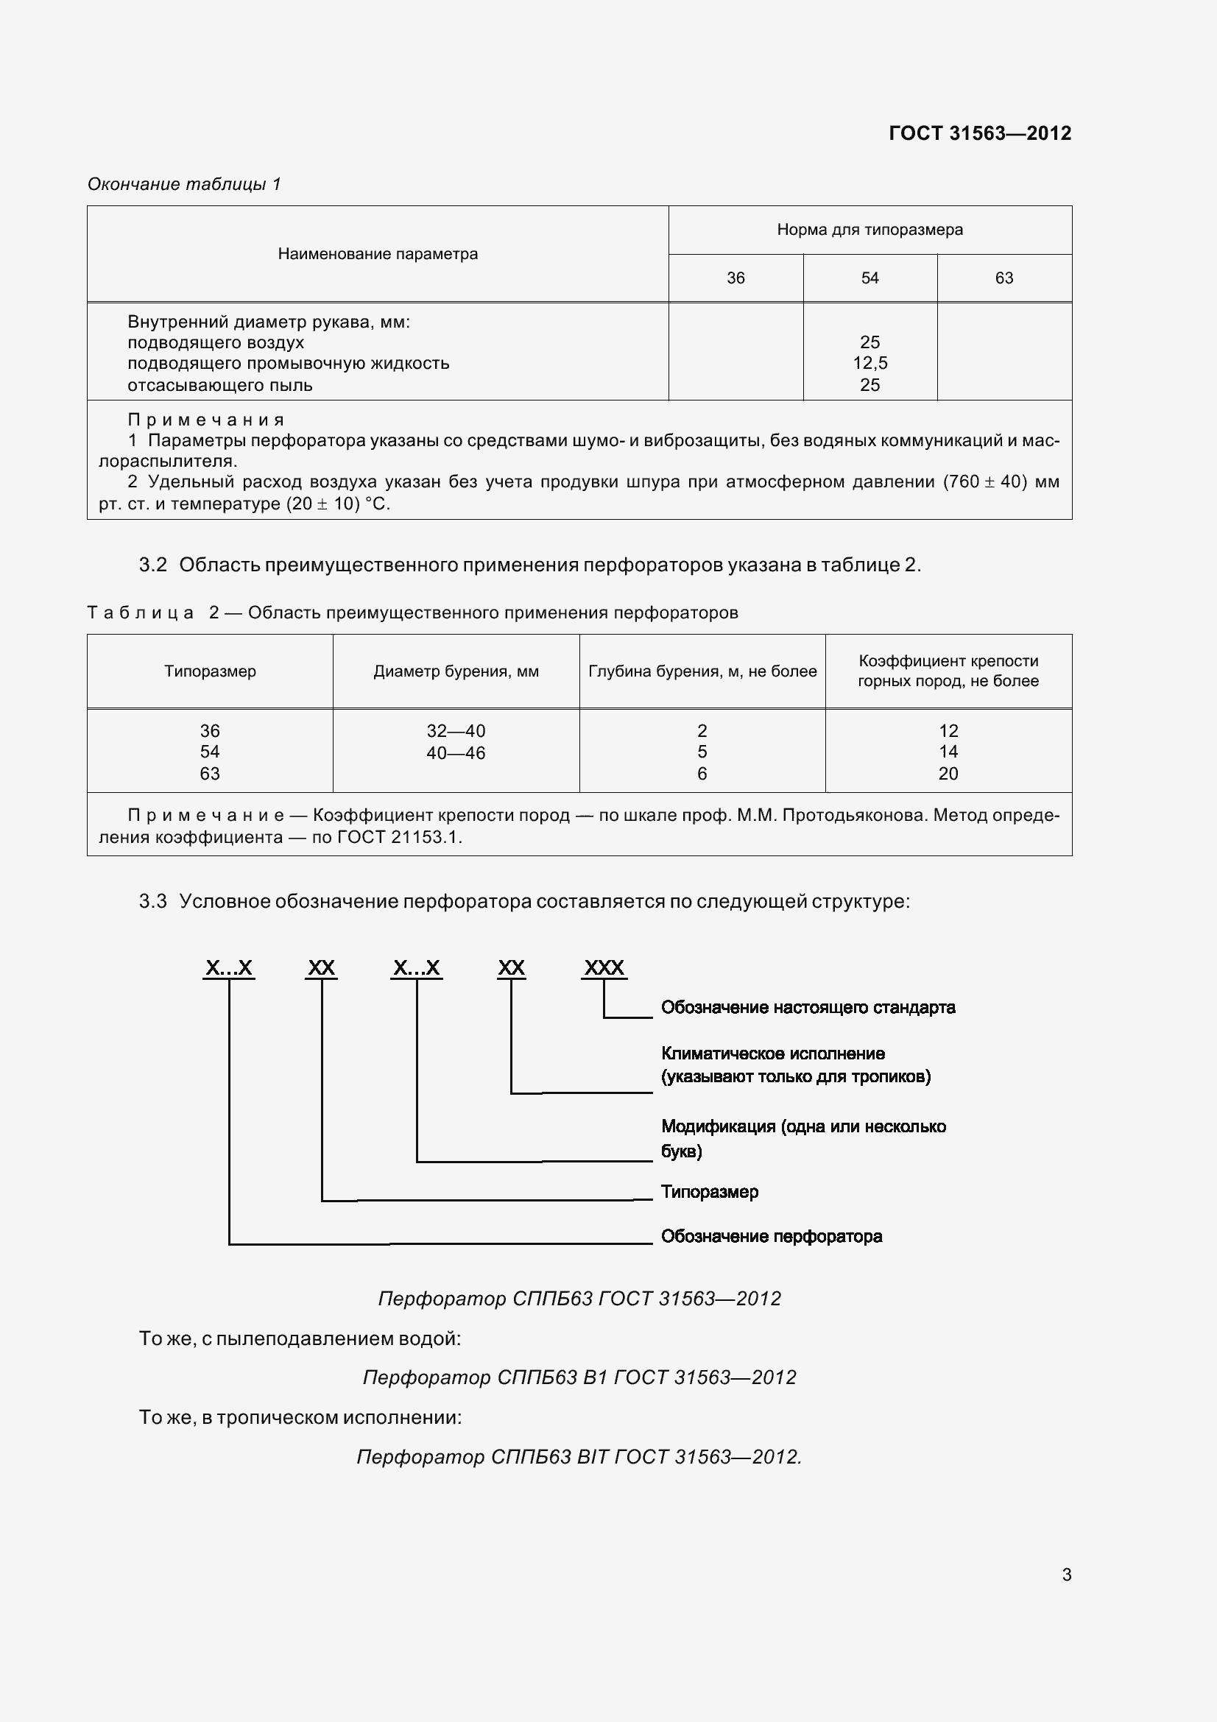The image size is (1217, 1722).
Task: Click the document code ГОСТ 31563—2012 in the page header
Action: coord(979,133)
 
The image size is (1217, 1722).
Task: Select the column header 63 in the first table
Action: coord(1003,278)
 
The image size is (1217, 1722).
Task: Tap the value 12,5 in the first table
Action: coord(869,363)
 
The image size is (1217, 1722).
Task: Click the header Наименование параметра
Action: coord(377,254)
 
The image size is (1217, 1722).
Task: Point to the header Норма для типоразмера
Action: coord(869,230)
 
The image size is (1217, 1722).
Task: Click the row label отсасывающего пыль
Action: coord(219,386)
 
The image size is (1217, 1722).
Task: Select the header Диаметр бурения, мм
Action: coord(456,671)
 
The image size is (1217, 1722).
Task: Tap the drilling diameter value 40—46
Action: coord(456,753)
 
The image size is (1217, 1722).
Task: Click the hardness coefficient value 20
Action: coord(948,774)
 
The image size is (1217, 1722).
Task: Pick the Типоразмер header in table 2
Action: coord(210,671)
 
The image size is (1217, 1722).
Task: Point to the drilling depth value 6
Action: coord(702,774)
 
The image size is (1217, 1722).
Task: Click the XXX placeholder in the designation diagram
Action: coord(604,967)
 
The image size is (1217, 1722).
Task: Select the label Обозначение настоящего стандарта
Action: coord(808,1007)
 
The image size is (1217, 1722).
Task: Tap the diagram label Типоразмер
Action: coord(709,1192)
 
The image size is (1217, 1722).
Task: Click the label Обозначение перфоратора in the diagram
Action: coord(771,1236)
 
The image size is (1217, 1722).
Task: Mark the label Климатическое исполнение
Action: coord(772,1054)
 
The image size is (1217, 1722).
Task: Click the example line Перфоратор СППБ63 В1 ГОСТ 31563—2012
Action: coord(579,1377)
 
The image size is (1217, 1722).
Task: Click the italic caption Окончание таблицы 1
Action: coord(184,184)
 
